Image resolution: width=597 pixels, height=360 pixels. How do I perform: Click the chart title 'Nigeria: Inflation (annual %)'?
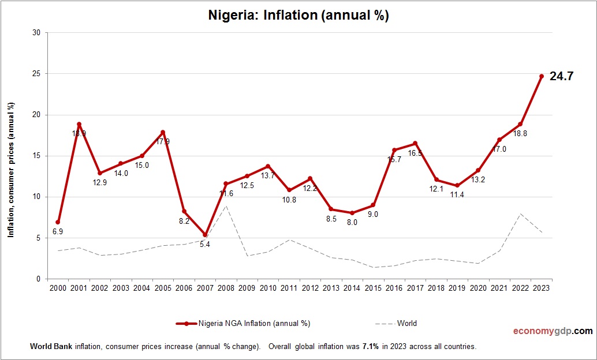point(298,16)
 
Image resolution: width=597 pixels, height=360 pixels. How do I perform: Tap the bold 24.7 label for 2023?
point(561,76)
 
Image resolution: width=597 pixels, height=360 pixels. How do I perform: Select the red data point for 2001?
point(79,125)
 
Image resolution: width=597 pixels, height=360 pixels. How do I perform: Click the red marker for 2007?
point(205,235)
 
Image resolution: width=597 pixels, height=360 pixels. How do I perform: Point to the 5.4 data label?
point(205,245)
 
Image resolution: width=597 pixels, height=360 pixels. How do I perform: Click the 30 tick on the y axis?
point(36,33)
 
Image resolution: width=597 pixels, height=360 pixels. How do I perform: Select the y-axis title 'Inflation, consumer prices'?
point(10,170)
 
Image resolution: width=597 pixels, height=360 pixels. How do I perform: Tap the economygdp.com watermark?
point(553,331)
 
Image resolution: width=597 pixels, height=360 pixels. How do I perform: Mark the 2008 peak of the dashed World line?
point(226,206)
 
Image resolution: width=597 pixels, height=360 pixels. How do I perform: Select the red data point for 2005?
point(163,132)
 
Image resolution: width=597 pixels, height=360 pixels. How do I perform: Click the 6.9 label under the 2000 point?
point(58,231)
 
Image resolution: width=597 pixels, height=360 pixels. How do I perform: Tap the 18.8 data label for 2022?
point(520,133)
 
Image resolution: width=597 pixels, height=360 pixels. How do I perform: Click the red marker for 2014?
point(352,213)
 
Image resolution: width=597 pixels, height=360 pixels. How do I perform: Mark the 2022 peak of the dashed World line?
point(520,213)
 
